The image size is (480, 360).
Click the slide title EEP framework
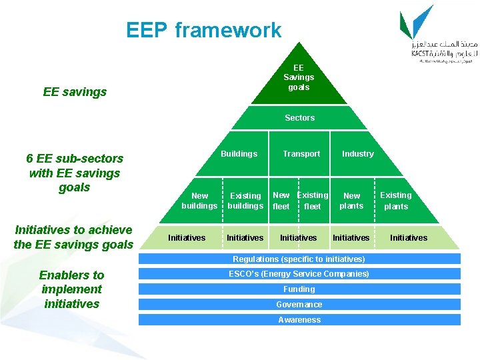203,30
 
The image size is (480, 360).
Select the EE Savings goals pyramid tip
298,77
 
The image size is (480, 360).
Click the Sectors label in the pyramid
299,118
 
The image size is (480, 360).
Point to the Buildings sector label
239,154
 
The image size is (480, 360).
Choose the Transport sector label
301,154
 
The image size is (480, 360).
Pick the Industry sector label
358,154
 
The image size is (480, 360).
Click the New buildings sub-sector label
199,201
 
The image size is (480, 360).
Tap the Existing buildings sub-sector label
245,201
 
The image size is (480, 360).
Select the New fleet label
281,201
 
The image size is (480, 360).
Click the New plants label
351,201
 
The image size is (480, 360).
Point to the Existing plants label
396,201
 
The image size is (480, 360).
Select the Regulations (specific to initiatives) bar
299,259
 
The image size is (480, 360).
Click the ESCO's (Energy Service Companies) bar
299,274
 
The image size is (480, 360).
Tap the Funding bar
299,289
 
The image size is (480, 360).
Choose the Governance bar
299,305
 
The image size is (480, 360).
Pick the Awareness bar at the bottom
299,320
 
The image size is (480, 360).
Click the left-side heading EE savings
75,92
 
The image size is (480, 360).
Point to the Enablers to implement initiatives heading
71,289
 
